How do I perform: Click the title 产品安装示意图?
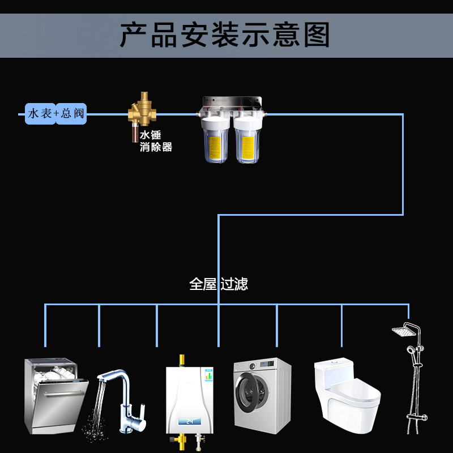[x=225, y=36]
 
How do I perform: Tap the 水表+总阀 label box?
[x=55, y=114]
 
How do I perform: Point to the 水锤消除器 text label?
[x=156, y=142]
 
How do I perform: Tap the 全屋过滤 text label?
[x=219, y=284]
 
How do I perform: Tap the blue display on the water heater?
[x=188, y=421]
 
